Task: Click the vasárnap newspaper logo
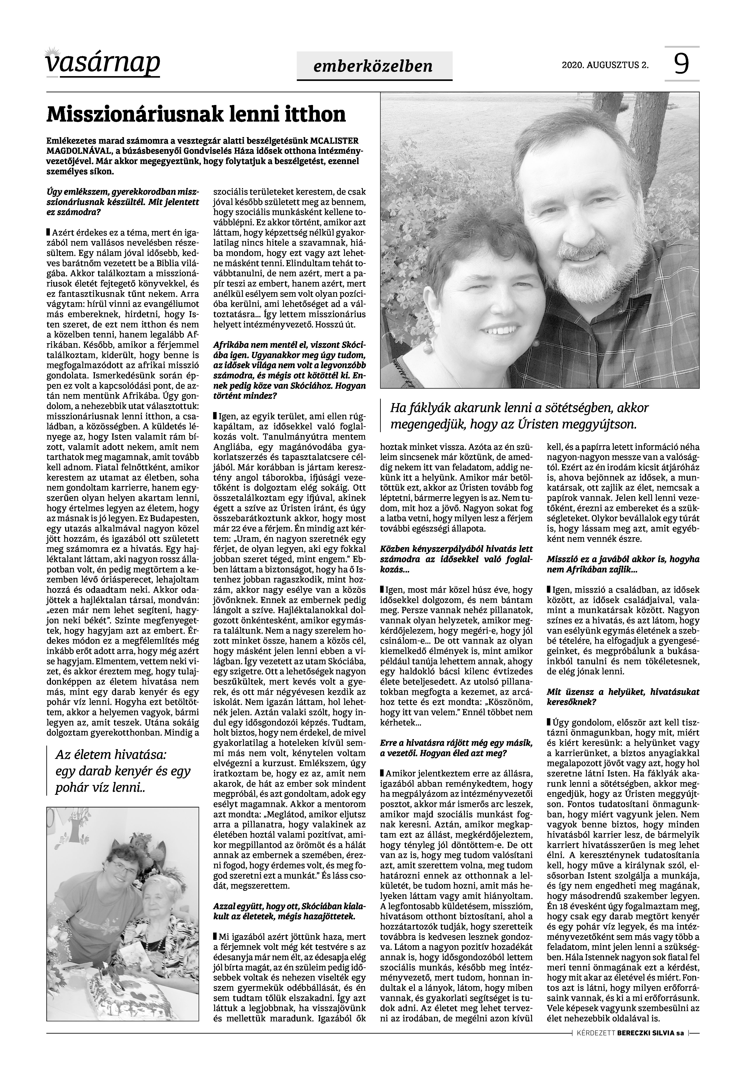pos(103,63)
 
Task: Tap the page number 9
pos(682,64)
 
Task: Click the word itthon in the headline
pos(308,114)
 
